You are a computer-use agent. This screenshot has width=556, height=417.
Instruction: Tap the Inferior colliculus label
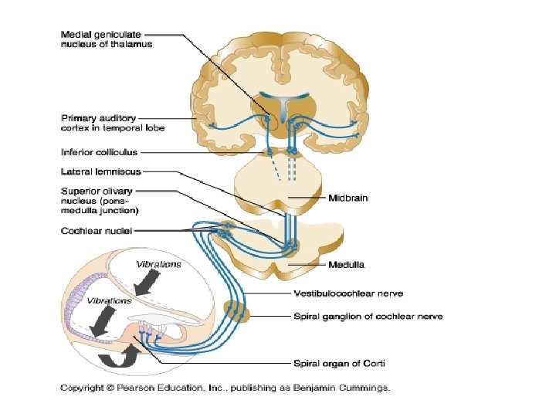pos(99,152)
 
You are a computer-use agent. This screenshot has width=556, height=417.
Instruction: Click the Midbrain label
pos(348,198)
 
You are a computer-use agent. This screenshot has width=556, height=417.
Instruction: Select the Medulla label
pos(347,265)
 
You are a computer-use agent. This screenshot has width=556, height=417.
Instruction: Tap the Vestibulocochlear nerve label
pos(348,293)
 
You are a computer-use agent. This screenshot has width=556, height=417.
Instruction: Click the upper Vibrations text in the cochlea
pos(158,265)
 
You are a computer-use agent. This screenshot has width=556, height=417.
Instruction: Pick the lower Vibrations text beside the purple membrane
pos(109,300)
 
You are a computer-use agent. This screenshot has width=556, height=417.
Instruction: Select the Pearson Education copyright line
pos(225,387)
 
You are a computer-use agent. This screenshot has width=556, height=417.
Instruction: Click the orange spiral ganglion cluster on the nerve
pos(237,313)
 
